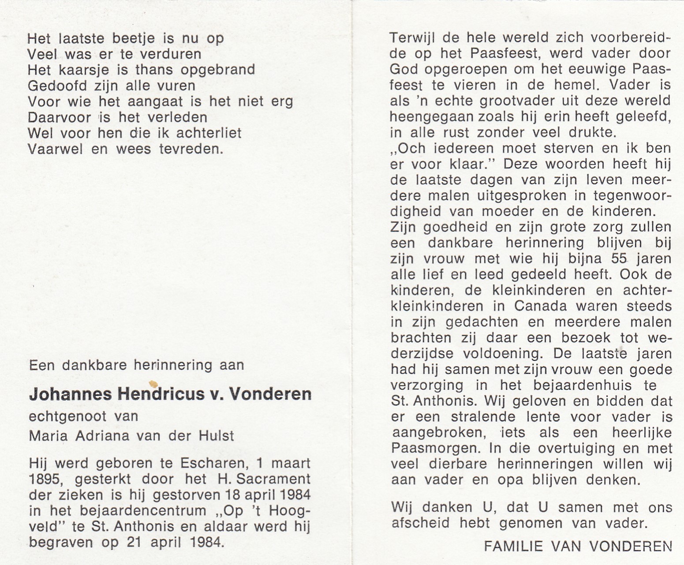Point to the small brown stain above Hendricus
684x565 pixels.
(x=153, y=384)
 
